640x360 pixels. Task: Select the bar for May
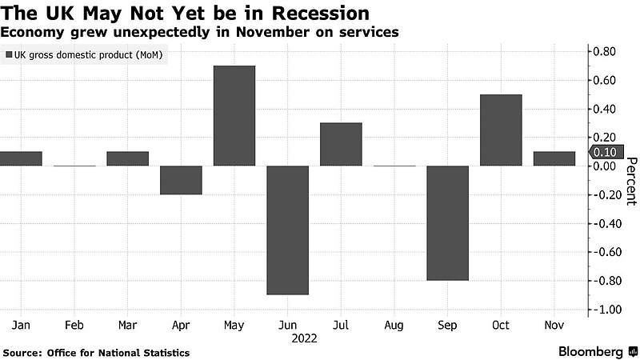tap(234, 116)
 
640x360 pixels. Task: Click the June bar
tap(287, 230)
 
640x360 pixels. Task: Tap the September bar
tap(447, 223)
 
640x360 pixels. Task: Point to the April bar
tap(181, 180)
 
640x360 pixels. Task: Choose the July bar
tap(341, 145)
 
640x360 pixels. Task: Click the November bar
tap(554, 159)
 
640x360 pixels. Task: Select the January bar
tap(21, 159)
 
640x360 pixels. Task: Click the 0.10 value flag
tap(605, 153)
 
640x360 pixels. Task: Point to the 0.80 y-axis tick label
tap(604, 52)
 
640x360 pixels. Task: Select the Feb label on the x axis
tap(74, 326)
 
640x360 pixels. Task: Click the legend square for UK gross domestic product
tap(9, 55)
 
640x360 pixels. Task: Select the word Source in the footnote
tap(23, 352)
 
